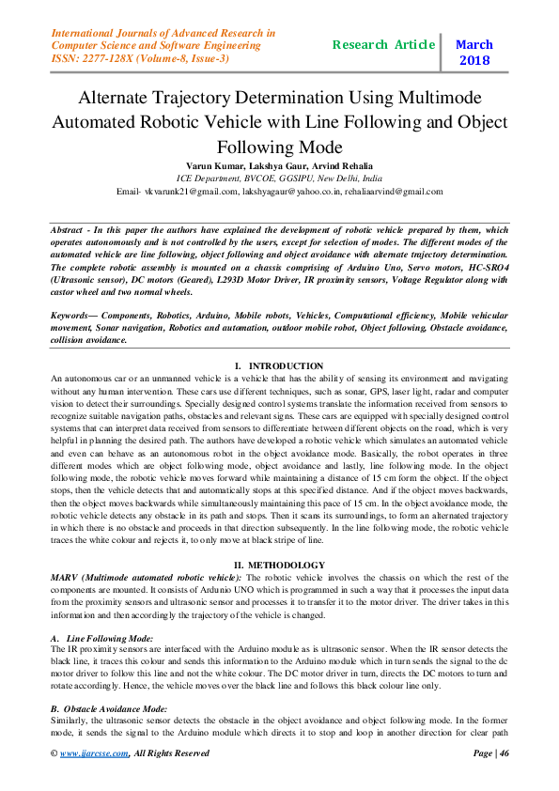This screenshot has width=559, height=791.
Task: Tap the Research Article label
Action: [383, 44]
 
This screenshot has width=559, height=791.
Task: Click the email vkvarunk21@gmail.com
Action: [190, 192]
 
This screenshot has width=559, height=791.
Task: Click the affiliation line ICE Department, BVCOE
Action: [279, 178]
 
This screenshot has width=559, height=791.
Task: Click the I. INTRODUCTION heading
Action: [279, 365]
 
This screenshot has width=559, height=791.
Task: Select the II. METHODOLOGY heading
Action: [279, 565]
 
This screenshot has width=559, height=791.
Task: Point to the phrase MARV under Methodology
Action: [66, 575]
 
